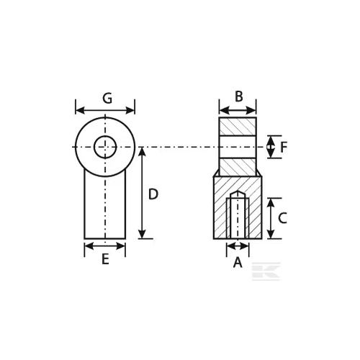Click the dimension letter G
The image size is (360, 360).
pos(107,98)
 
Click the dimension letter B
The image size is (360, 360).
pos(238,96)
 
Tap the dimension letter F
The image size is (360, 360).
pos(284,147)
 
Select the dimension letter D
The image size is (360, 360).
pos(153,194)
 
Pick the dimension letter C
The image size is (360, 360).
pos(282,218)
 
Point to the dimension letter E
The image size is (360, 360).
pos(105,259)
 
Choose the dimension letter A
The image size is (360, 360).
pos(238,262)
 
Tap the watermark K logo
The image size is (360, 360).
pos(266,271)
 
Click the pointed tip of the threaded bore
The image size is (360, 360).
pos(238,192)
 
